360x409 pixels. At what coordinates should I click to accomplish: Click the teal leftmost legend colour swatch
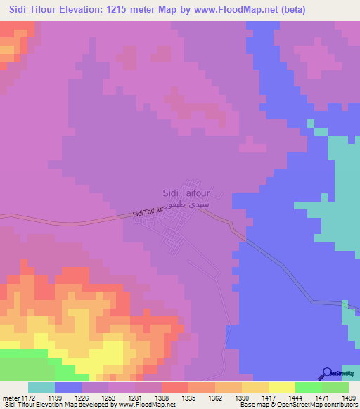tap(41, 387)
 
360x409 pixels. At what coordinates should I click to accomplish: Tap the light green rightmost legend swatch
tap(335, 387)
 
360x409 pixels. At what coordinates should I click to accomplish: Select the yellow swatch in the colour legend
tap(282, 387)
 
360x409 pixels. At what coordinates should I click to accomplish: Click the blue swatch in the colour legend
tap(68, 387)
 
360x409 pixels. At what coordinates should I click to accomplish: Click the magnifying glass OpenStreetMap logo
tap(327, 373)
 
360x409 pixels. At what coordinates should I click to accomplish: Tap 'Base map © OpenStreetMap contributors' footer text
tap(297, 404)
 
